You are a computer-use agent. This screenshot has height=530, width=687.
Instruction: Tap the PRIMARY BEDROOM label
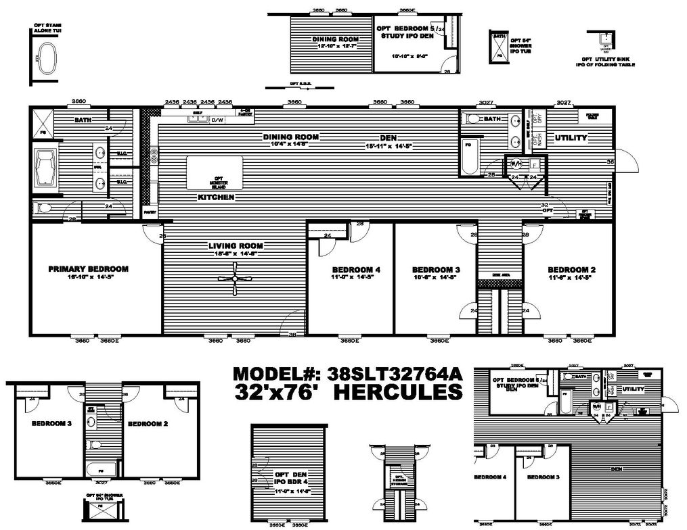click(88, 268)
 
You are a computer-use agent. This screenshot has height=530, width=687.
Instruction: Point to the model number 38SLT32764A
click(395, 374)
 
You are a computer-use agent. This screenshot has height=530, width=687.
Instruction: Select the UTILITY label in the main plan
click(571, 138)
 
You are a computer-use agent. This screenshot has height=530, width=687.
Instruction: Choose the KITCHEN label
click(216, 197)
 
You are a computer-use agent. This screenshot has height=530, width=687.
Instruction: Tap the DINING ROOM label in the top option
click(335, 39)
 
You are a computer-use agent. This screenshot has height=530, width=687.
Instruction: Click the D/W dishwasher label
click(217, 120)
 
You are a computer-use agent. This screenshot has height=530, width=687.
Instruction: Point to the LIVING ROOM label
click(236, 245)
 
